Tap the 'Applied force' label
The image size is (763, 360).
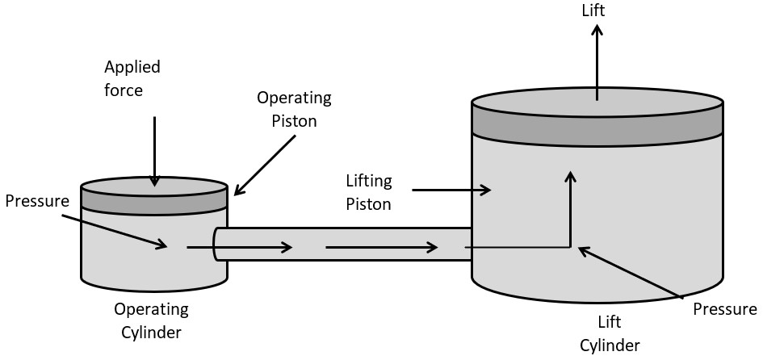pos(132,77)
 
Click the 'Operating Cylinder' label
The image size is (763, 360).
pos(151,320)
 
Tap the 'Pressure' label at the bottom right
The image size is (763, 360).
pos(725,309)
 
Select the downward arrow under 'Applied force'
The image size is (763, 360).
pos(154,149)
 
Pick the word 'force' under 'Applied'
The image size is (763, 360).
pos(124,90)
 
